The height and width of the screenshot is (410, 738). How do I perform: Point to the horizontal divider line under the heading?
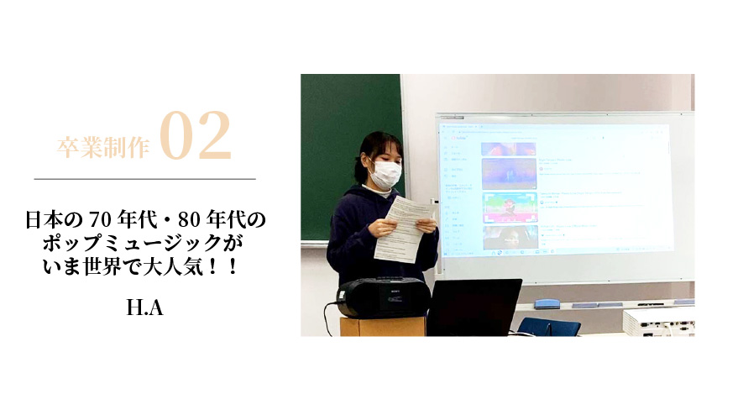[144, 179]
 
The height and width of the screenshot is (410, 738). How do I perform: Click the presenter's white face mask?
[385, 175]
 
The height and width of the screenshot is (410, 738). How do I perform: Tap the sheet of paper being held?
[403, 227]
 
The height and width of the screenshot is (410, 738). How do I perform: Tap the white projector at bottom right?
[660, 322]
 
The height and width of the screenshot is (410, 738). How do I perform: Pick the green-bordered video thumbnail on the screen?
[510, 205]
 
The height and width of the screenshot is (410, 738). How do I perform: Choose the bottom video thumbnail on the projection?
[510, 237]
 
